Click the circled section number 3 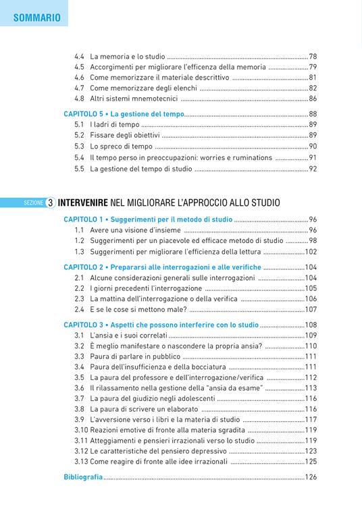tap(51, 202)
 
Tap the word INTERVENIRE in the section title tap(90, 202)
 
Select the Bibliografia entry tap(83, 477)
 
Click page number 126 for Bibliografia tap(311, 477)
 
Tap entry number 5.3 tap(79, 146)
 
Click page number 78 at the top tap(313, 56)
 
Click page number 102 tap(311, 251)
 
